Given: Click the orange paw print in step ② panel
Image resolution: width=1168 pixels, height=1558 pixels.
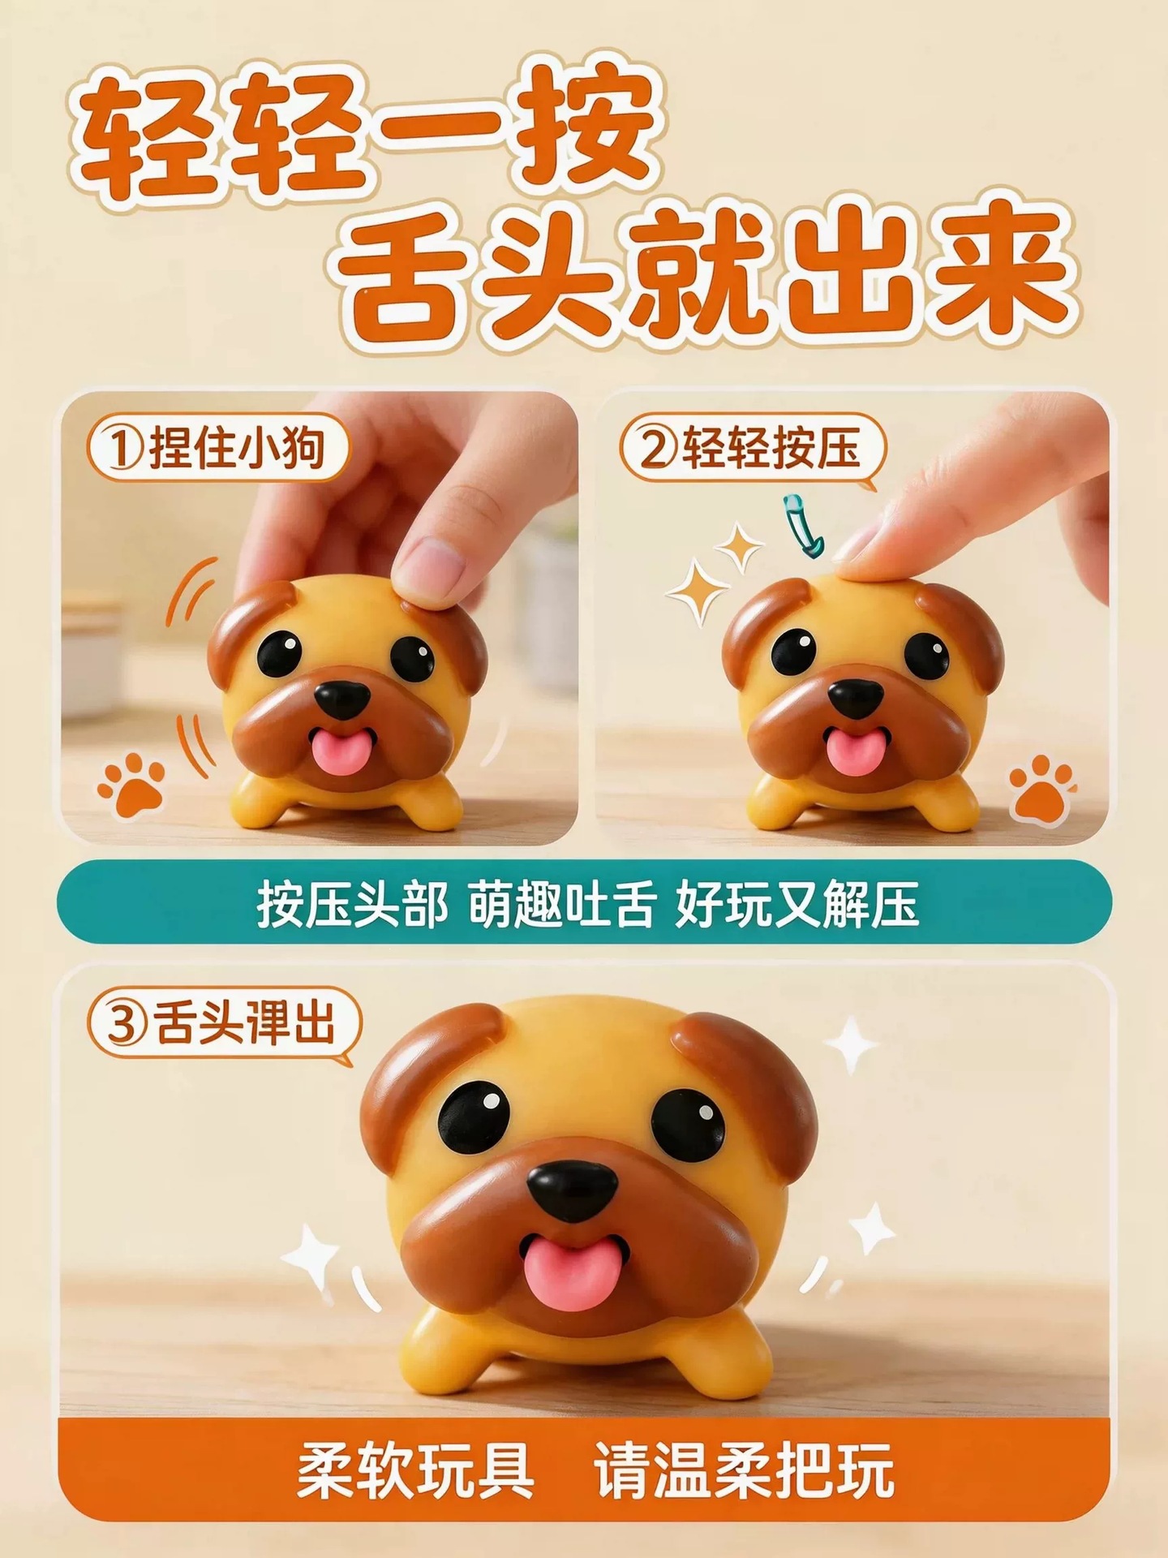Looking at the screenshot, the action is [1042, 788].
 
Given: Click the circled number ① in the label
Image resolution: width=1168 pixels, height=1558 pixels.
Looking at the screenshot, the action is [122, 449].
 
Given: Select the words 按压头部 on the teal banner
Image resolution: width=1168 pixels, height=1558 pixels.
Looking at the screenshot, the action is [352, 903].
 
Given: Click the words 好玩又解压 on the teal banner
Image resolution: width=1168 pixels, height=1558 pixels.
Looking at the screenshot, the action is [797, 903].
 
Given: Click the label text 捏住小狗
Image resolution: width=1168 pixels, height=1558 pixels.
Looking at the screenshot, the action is [237, 449].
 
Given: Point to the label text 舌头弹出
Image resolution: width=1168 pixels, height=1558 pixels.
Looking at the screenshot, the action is [245, 1025].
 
